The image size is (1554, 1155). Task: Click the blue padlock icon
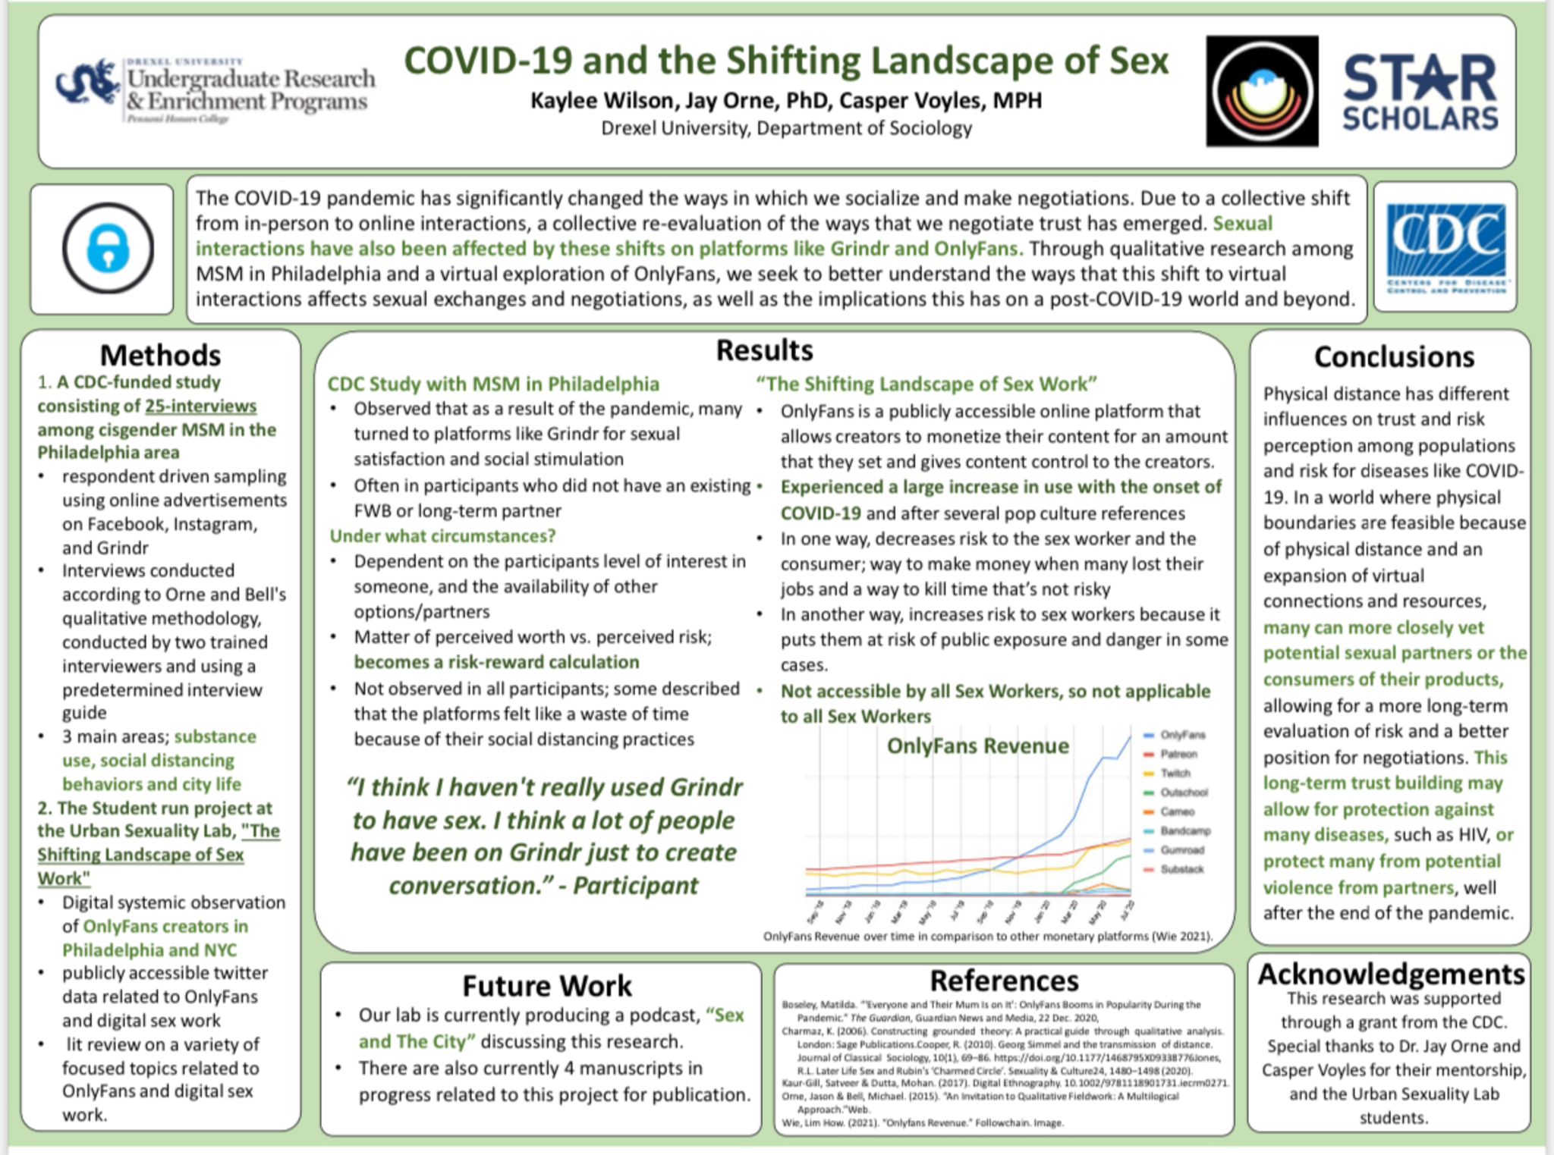click(108, 249)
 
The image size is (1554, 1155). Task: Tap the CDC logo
click(1445, 247)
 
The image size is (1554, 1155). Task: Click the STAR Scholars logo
click(1420, 92)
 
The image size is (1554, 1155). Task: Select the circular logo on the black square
click(1262, 91)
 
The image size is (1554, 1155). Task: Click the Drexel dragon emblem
click(87, 85)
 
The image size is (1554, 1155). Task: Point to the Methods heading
click(160, 355)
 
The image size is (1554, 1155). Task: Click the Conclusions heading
click(1394, 356)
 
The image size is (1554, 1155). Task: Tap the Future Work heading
click(547, 985)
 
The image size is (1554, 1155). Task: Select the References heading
click(1004, 981)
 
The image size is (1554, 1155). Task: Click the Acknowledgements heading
click(1391, 974)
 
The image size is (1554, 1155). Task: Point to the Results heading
click(764, 350)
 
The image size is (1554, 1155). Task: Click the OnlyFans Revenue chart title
click(977, 745)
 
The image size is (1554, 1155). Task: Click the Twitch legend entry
click(1175, 773)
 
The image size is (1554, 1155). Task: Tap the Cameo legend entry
click(1176, 811)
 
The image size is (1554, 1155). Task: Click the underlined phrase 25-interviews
click(200, 406)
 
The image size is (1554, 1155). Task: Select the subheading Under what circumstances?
click(442, 536)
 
